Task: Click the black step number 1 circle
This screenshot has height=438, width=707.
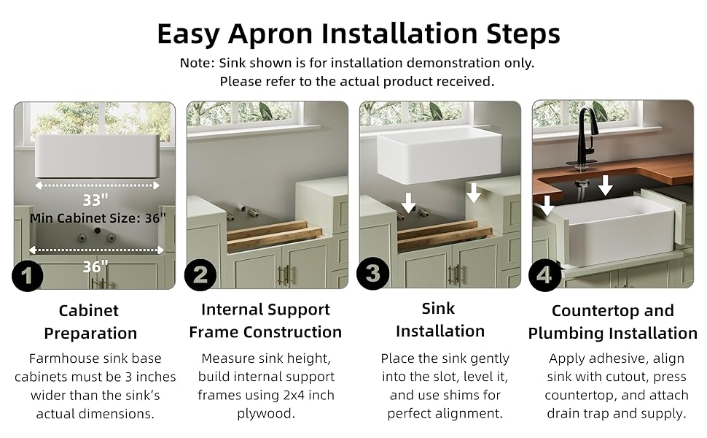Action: pyautogui.click(x=28, y=275)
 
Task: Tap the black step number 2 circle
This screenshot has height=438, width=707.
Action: pyautogui.click(x=200, y=274)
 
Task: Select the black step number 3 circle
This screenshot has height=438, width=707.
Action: pyautogui.click(x=373, y=274)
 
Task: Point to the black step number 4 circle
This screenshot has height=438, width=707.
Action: pyautogui.click(x=545, y=274)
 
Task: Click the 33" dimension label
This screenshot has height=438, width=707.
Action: pyautogui.click(x=95, y=199)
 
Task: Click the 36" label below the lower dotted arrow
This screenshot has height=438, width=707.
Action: pyautogui.click(x=95, y=266)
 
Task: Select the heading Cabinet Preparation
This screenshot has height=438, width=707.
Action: pyautogui.click(x=90, y=321)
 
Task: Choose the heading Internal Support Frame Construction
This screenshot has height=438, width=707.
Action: pyautogui.click(x=265, y=320)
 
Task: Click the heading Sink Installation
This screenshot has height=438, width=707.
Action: pyautogui.click(x=440, y=320)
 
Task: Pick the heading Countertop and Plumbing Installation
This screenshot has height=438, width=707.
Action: pyautogui.click(x=613, y=321)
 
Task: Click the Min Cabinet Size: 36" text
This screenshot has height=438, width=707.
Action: pyautogui.click(x=98, y=218)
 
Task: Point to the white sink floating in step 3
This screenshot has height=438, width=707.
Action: pyautogui.click(x=440, y=158)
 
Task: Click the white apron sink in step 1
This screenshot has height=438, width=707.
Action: pyautogui.click(x=98, y=156)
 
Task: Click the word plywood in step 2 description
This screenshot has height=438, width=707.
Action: pyautogui.click(x=265, y=414)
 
